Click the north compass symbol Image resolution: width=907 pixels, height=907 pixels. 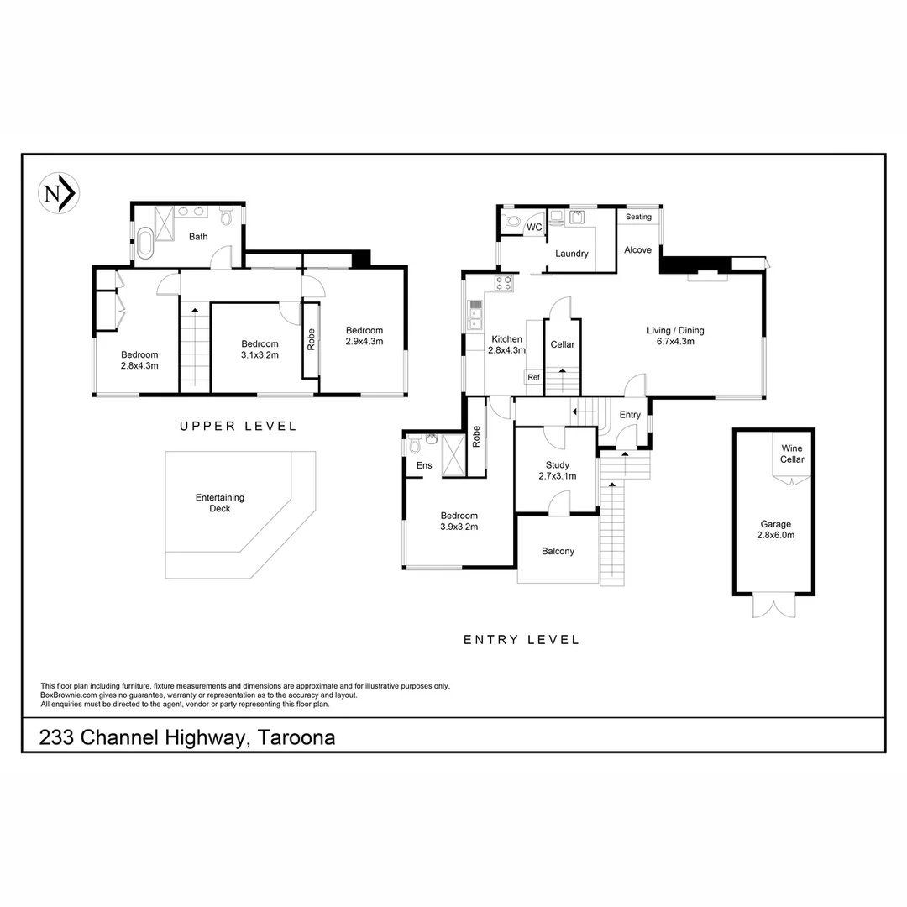coord(59,193)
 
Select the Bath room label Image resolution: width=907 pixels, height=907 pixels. coord(198,237)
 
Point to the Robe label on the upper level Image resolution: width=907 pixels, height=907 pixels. coord(311,338)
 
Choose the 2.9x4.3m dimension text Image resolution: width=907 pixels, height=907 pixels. coord(364,342)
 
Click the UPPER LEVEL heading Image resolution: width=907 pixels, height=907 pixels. coord(239,427)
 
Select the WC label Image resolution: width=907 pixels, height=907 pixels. coord(534,228)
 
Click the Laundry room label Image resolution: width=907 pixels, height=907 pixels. coord(572,254)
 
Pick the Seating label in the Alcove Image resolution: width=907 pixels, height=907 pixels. coord(638,217)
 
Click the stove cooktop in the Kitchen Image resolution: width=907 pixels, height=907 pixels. coord(504,284)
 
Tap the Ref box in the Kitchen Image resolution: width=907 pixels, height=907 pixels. coord(533,378)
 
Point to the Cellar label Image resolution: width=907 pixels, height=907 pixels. coord(562,345)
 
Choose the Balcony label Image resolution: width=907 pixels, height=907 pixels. coord(558,552)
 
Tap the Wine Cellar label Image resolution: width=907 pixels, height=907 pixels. coord(792,453)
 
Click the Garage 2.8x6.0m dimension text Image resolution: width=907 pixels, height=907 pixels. coord(775,535)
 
